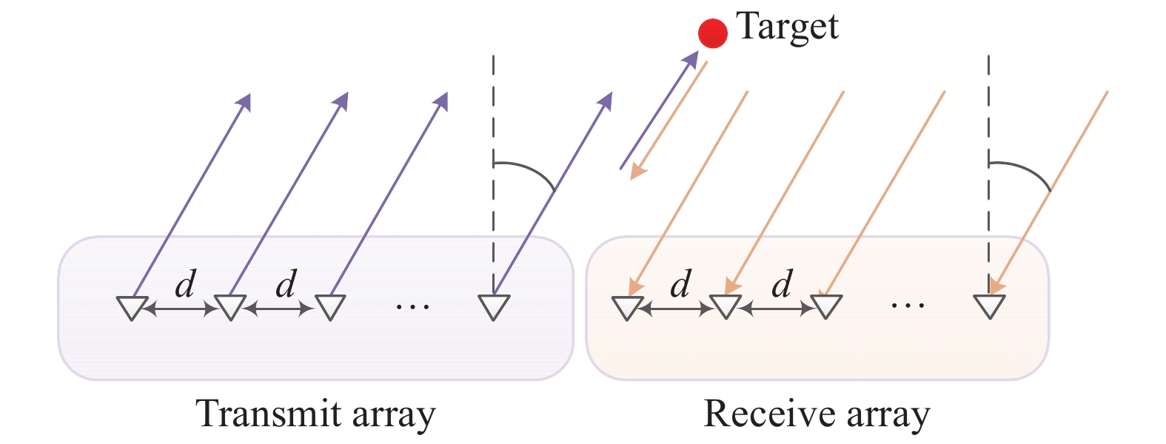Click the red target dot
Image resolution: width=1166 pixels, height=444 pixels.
tap(713, 33)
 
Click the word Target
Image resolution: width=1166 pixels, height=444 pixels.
tap(787, 27)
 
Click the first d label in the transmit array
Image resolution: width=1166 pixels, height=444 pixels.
tap(185, 283)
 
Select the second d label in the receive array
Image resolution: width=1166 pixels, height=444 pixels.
tap(782, 283)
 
